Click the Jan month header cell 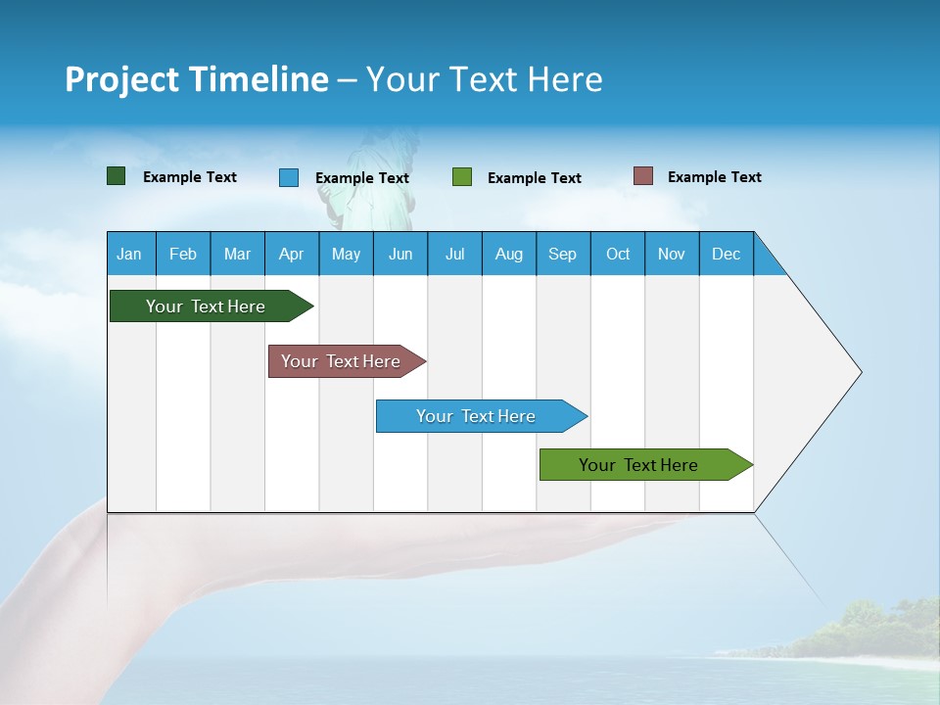(x=130, y=254)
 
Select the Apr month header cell (x=292, y=254)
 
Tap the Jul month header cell (x=454, y=254)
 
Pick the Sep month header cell (x=563, y=254)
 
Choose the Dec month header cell (x=726, y=254)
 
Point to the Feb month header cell (x=183, y=254)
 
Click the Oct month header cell (x=618, y=254)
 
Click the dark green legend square (x=117, y=176)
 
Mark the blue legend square (x=289, y=177)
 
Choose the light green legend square (x=462, y=177)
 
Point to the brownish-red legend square (x=643, y=176)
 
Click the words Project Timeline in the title (x=197, y=79)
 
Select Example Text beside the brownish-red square (x=714, y=177)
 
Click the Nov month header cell (x=672, y=254)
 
